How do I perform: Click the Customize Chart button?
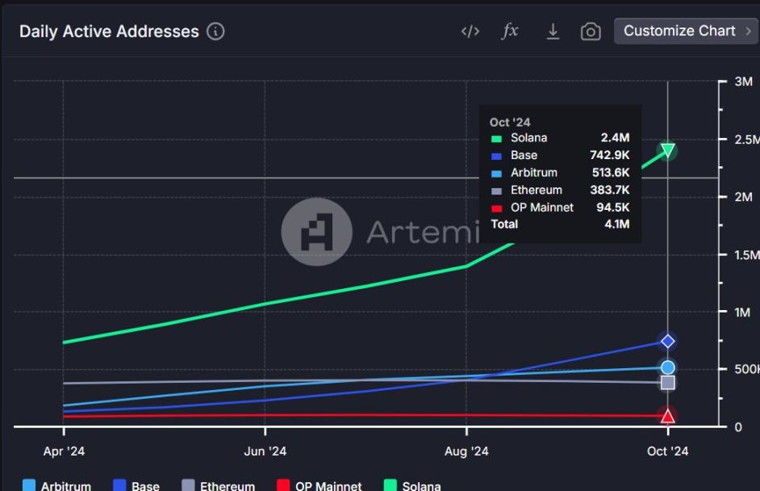(686, 31)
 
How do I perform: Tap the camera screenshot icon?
(591, 31)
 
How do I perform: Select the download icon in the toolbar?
(553, 31)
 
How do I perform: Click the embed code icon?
(470, 31)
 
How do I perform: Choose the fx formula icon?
(510, 31)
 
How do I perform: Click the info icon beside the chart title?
(215, 31)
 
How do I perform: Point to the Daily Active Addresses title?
(109, 31)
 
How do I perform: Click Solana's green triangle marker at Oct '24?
(667, 149)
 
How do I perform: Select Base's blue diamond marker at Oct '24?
(667, 341)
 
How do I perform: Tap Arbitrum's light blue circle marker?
(667, 367)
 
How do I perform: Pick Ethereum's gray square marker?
(667, 382)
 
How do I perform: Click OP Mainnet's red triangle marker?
(667, 416)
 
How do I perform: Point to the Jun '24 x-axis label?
(265, 451)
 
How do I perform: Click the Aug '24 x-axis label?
(466, 451)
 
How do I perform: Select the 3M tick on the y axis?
(743, 82)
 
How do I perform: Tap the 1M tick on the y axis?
(743, 312)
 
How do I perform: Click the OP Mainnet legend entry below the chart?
(319, 485)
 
